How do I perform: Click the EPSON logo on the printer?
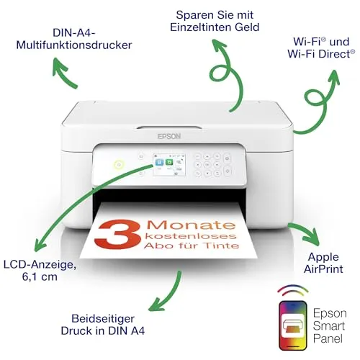coord(169,136)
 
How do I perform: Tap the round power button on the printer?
coord(119,165)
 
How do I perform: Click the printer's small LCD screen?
coord(169,165)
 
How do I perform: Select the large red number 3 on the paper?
coord(117,235)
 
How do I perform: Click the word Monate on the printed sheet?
coord(191,225)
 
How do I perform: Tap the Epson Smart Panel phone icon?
coord(293,325)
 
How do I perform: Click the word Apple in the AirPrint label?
coord(323,258)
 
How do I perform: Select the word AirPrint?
coord(323,269)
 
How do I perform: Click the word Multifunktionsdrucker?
coord(74,45)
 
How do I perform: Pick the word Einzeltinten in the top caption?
coord(199,27)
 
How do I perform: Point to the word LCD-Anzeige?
coord(40,264)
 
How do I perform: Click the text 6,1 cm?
coord(40,276)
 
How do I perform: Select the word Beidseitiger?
coord(103,319)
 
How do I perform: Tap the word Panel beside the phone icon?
coord(328,338)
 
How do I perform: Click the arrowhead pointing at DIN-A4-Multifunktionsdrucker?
coord(59,66)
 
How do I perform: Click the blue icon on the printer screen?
coord(159,163)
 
